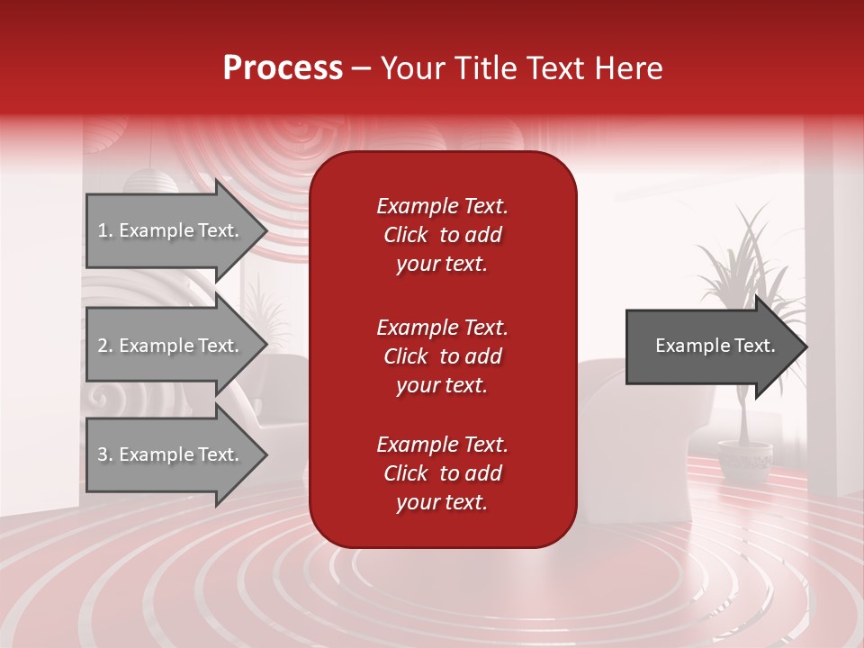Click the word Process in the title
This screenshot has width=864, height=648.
pos(283,68)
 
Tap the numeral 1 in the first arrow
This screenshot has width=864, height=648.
pos(103,230)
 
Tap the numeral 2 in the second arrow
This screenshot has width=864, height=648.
pos(103,346)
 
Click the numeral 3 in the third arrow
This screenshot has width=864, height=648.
pos(103,454)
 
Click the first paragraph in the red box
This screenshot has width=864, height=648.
pos(442,235)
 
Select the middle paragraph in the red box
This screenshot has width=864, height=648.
pos(442,356)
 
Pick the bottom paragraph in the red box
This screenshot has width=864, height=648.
pos(442,473)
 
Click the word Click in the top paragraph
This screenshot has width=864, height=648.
pos(406,235)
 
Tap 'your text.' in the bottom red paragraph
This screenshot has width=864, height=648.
pos(442,503)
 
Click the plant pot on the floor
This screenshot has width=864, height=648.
pos(744,461)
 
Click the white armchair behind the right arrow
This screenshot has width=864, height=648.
pos(648,423)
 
